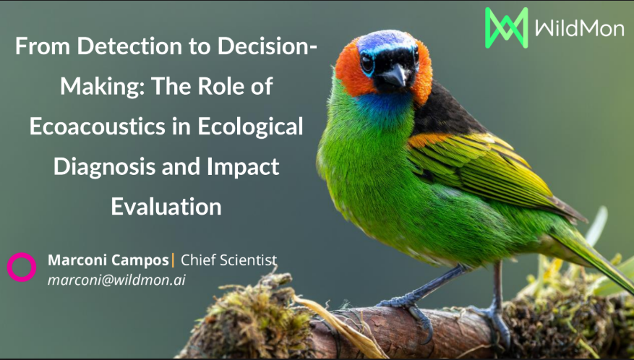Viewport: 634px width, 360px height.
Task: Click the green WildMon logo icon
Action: tap(507, 28)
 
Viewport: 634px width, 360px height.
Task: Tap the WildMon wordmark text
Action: tap(579, 28)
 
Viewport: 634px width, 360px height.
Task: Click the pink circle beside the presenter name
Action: tap(22, 267)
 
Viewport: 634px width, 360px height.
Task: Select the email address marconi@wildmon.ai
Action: tap(116, 280)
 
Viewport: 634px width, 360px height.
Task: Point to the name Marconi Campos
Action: tap(108, 260)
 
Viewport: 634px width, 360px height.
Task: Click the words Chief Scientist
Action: tap(229, 260)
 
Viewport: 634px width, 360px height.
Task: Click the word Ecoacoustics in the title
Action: tap(98, 127)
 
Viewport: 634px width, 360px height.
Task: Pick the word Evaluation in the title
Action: tap(166, 207)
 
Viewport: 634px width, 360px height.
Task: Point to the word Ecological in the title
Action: tap(250, 127)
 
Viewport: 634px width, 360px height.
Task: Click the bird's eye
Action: tap(367, 64)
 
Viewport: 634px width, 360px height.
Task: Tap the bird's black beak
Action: tap(395, 76)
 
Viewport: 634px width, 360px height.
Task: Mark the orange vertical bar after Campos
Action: tap(174, 260)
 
